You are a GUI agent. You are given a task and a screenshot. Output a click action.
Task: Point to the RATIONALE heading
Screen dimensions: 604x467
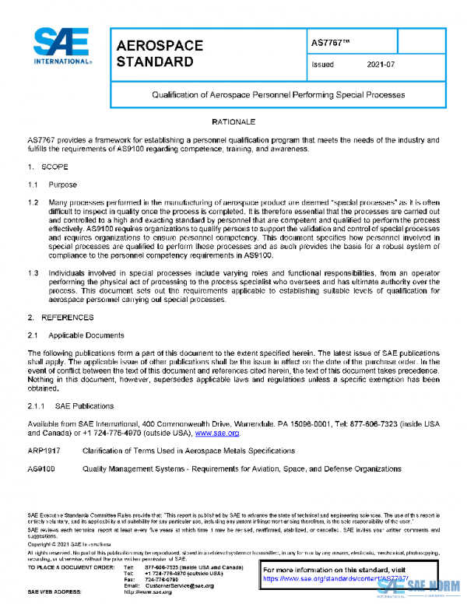(233, 123)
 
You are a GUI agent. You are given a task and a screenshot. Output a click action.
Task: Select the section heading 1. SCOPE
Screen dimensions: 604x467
(48, 167)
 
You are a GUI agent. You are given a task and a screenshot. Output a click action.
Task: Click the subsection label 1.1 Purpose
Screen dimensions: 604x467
(53, 185)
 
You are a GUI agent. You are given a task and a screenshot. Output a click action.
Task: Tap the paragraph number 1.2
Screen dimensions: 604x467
(34, 202)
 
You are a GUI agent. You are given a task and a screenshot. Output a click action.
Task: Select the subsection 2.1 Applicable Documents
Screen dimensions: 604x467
(75, 335)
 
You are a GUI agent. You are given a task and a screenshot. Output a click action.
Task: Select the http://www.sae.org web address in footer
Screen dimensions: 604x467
(148, 592)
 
